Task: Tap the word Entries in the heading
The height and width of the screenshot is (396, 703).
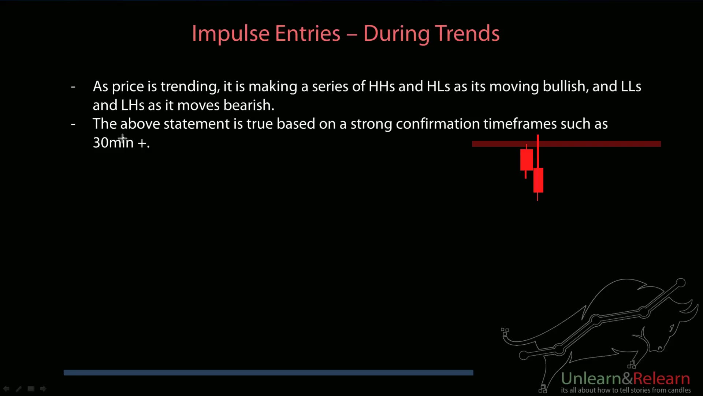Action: coord(308,34)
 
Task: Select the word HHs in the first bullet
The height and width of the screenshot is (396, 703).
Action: coord(382,87)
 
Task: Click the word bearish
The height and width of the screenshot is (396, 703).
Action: coord(249,105)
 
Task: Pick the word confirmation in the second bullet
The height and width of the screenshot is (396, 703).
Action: coord(438,124)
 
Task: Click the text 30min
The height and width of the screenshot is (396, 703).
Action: coord(113,143)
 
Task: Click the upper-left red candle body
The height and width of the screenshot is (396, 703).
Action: coord(527,160)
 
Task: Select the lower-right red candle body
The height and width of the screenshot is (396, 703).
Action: coord(538,180)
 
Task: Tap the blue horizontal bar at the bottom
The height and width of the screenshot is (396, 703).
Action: coord(268,373)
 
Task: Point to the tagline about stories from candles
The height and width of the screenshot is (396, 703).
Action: coord(626,390)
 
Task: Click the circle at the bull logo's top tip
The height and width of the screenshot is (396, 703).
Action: coord(680,283)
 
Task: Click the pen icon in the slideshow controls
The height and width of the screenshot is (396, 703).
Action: coord(19,389)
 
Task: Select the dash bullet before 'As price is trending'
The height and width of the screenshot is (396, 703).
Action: coord(73,87)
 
